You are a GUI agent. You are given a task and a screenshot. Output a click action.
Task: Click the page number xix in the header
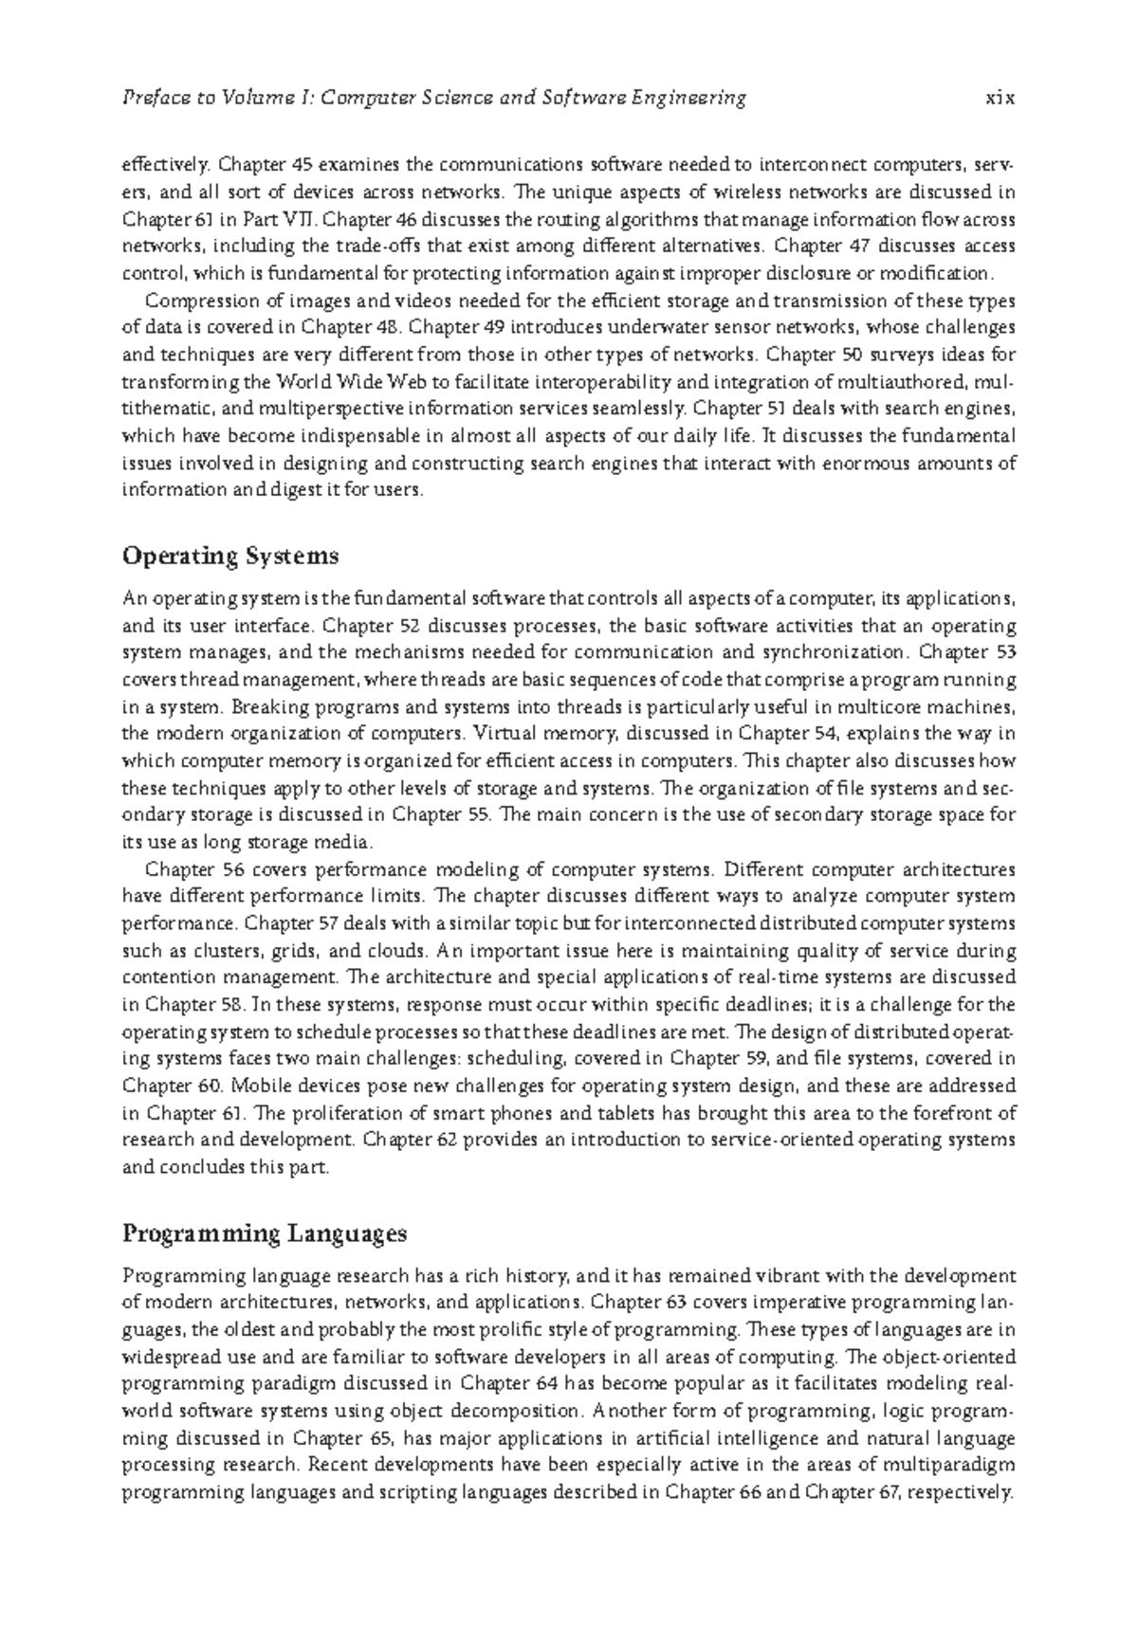coord(1000,98)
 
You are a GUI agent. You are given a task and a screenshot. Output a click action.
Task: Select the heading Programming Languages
coord(265,1234)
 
